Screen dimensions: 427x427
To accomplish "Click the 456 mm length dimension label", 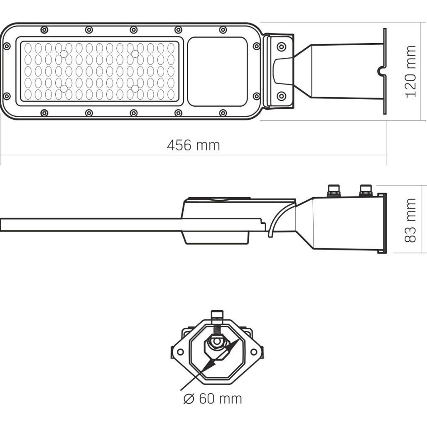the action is pos(193,145).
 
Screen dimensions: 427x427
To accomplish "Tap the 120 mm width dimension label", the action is pos(411,71).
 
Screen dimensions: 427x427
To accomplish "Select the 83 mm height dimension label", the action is pos(410,220).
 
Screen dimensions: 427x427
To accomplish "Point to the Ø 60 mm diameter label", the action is pos(212,399).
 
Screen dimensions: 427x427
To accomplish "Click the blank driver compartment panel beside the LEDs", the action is pos(218,71).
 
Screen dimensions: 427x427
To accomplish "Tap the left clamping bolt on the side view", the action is pos(334,190).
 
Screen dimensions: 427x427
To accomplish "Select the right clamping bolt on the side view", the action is pos(366,190).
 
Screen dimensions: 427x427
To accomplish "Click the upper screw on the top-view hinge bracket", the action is pos(281,47).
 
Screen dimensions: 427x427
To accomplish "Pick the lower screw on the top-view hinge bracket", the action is pos(281,96).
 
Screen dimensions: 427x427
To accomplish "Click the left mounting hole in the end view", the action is pos(180,352).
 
